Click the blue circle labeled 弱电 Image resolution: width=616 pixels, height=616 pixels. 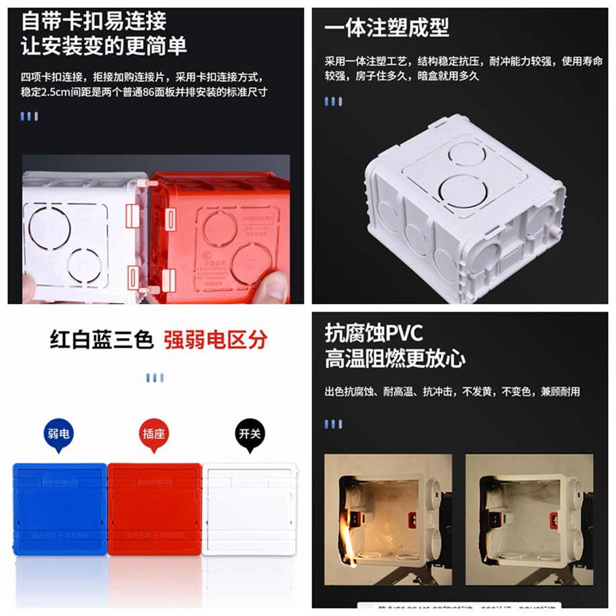point(59,434)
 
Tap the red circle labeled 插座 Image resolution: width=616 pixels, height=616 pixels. point(154,434)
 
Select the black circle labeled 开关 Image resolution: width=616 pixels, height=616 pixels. point(250,434)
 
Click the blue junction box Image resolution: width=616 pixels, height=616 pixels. point(59,508)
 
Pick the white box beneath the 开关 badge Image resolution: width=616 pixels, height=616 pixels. point(249,508)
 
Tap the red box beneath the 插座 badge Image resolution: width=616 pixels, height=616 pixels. point(154,508)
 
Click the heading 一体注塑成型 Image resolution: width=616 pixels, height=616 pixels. point(386,28)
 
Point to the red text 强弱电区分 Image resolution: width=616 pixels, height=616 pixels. point(215,339)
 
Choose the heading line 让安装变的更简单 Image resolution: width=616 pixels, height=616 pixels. point(104,46)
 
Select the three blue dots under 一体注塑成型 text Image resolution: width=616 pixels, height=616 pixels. point(333,101)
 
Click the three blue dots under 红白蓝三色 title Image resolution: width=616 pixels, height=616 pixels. point(155,378)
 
